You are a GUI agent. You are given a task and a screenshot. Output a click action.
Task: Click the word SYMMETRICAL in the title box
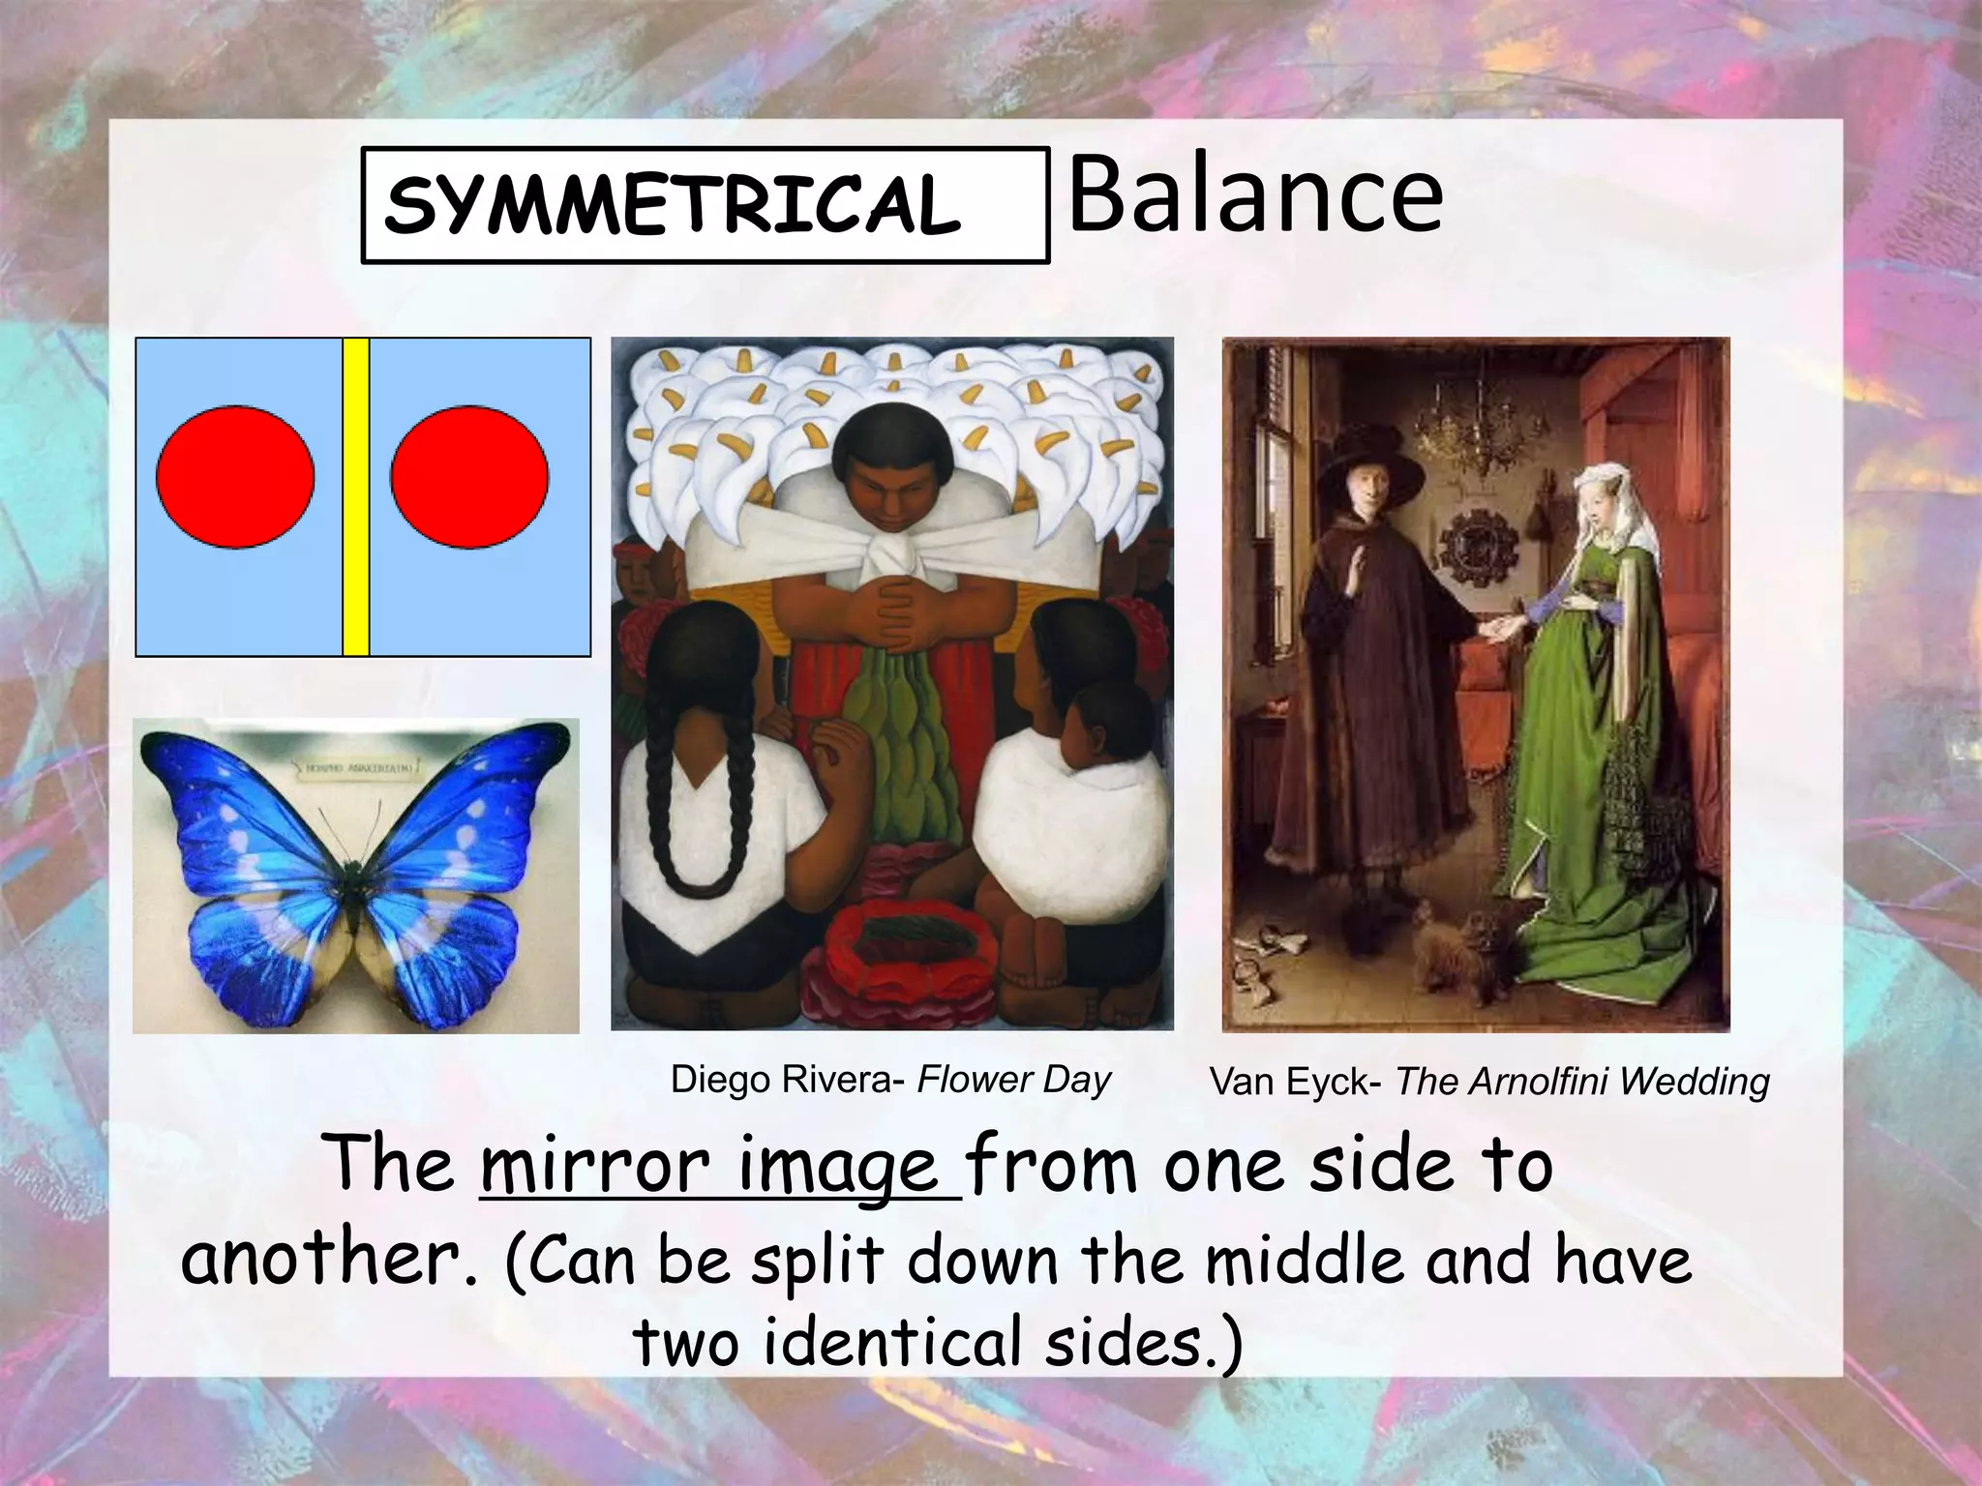click(672, 205)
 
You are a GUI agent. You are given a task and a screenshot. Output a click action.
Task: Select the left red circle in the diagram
click(235, 477)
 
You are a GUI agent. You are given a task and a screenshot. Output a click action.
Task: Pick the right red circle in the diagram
click(469, 477)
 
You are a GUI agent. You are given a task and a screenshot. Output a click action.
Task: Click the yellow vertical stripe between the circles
click(356, 496)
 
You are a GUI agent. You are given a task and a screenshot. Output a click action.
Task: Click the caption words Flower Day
click(1013, 1079)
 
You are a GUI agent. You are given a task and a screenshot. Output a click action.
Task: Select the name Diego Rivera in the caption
click(781, 1079)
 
